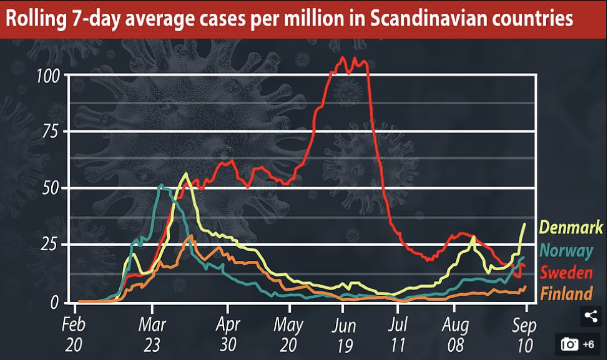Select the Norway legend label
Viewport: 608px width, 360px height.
(x=567, y=251)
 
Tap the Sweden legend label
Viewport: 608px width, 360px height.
(x=566, y=273)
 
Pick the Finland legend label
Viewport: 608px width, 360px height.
(x=566, y=294)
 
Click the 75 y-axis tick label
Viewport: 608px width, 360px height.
(x=52, y=132)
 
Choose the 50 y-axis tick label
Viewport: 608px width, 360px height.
(x=52, y=188)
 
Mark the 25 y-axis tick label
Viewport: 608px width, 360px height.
(x=52, y=245)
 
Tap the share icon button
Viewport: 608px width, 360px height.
(x=591, y=316)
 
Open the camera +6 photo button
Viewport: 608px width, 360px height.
(x=578, y=344)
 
